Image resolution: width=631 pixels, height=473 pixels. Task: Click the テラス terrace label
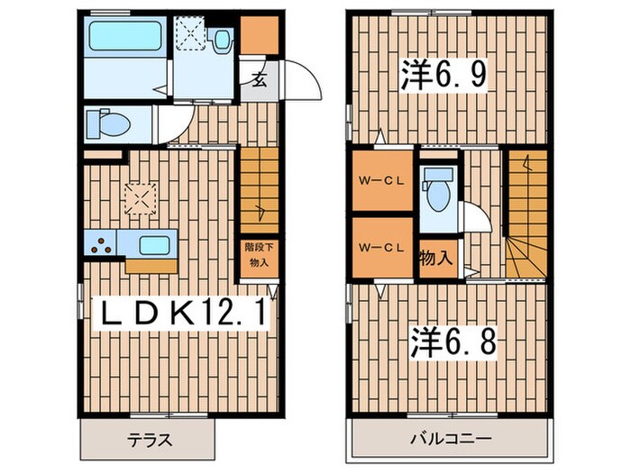pyautogui.click(x=148, y=441)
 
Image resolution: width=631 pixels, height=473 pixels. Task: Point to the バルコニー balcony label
pyautogui.click(x=450, y=441)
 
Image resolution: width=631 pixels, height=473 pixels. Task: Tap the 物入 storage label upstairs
pyautogui.click(x=436, y=258)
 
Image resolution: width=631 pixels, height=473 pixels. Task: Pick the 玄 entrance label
pyautogui.click(x=257, y=79)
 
